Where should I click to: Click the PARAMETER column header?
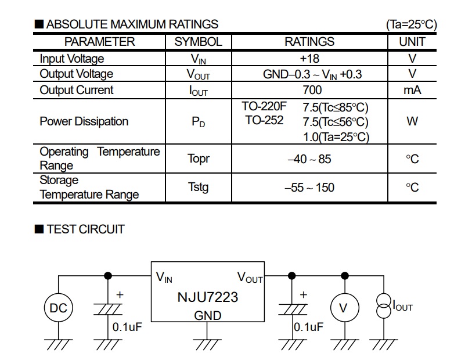coord(99,42)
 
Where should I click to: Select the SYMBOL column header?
coord(198,42)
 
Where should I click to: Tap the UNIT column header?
coord(412,42)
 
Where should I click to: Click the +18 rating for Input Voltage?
coord(309,58)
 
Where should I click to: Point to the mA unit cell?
coord(412,90)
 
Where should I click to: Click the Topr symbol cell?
coord(199,159)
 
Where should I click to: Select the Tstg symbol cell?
coord(198,187)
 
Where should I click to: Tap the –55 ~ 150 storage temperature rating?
coord(309,188)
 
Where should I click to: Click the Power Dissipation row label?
coord(84,121)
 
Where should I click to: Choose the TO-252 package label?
coord(264,120)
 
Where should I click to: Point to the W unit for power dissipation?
coord(412,122)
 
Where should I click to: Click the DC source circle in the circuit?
coord(58,308)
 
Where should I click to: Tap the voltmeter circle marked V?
coord(343,308)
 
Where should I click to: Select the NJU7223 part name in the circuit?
coord(207,297)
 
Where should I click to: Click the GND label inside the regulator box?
coord(207,315)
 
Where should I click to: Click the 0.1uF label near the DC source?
coord(128,327)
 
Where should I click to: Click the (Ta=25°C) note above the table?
coord(411,24)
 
